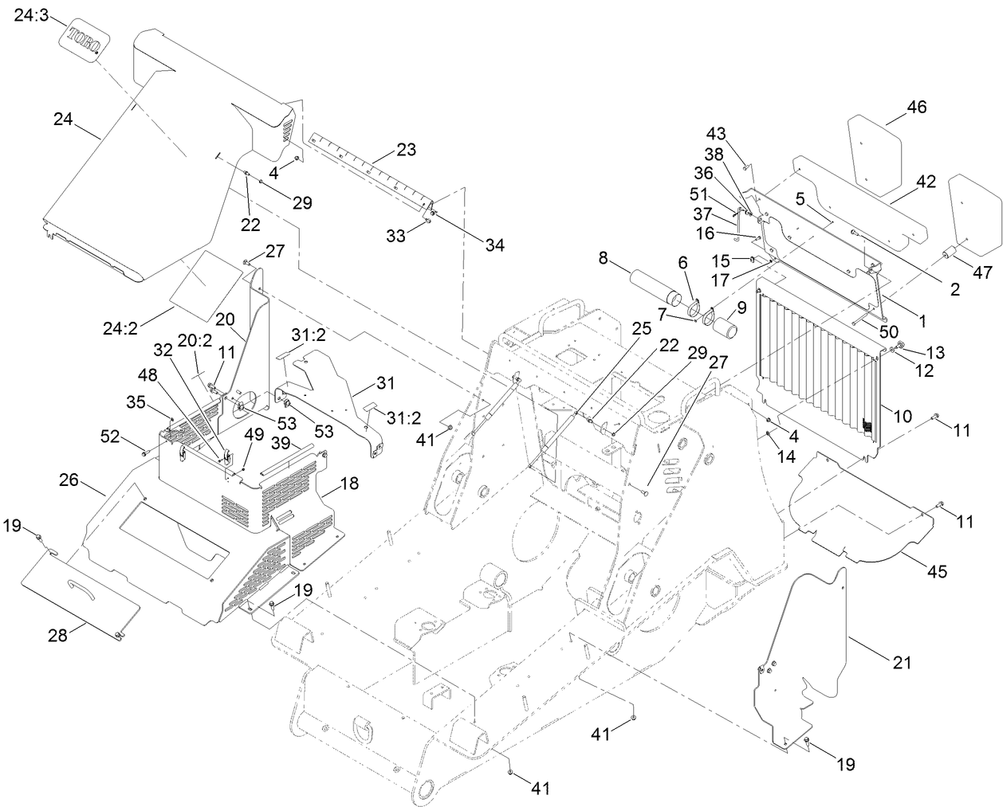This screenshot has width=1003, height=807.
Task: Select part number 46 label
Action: tap(917, 107)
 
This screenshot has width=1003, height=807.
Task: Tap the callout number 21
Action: tap(902, 662)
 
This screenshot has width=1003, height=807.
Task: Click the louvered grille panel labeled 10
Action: tap(817, 361)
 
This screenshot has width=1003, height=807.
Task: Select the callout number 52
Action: tap(109, 436)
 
